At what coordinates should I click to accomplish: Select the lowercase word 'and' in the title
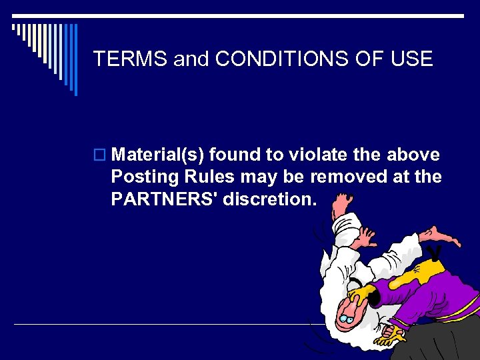pyautogui.click(x=191, y=59)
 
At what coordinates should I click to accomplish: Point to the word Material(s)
pyautogui.click(x=159, y=155)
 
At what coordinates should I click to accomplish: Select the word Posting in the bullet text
pyautogui.click(x=141, y=177)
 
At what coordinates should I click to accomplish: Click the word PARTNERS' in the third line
pyautogui.click(x=164, y=199)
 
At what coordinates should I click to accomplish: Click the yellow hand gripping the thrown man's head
pyautogui.click(x=363, y=294)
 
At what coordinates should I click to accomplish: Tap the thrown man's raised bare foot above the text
pyautogui.click(x=443, y=235)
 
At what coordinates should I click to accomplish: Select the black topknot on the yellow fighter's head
pyautogui.click(x=437, y=251)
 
